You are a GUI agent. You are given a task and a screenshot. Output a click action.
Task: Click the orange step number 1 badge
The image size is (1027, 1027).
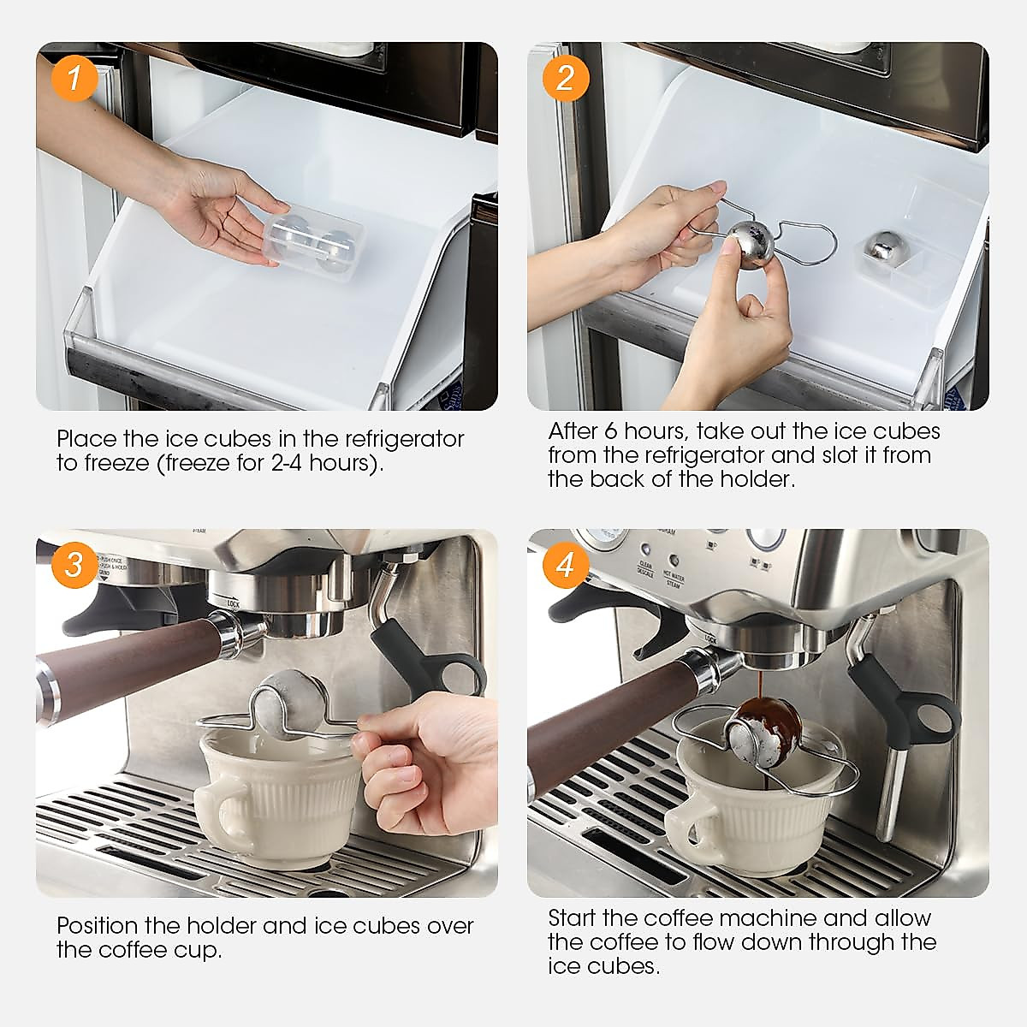pyautogui.click(x=74, y=79)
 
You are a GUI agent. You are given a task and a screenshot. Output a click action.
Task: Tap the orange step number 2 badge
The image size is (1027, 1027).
pyautogui.click(x=566, y=79)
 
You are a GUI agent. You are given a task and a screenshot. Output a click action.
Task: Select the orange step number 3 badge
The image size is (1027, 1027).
pyautogui.click(x=74, y=566)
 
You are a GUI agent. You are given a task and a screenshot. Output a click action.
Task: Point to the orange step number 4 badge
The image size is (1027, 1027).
pyautogui.click(x=566, y=566)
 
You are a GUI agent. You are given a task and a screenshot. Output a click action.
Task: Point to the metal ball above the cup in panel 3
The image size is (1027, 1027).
pyautogui.click(x=291, y=702)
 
